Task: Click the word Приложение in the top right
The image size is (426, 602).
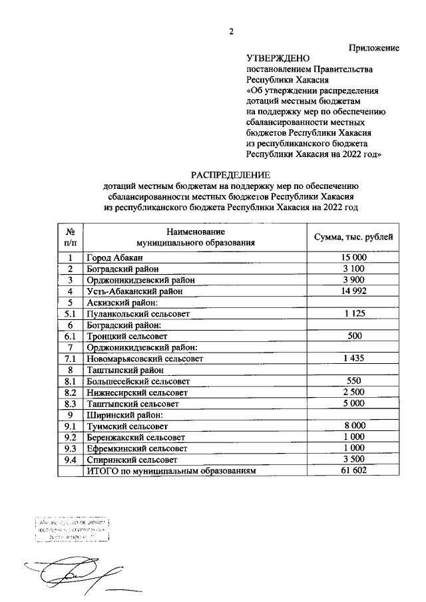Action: coord(375,48)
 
